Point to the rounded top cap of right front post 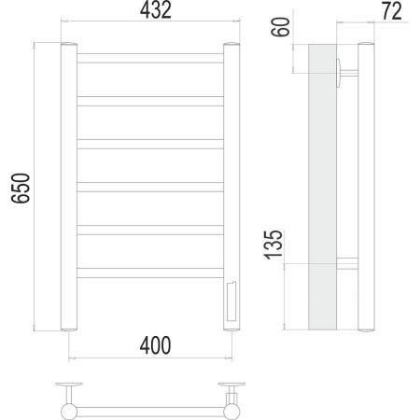coord(230,45)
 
